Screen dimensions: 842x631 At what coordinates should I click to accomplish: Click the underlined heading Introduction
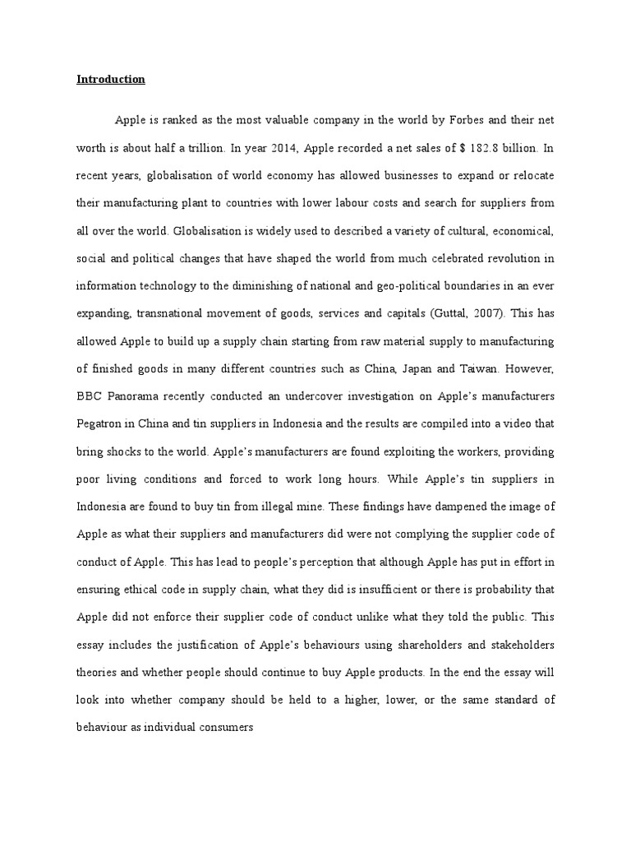pos(111,80)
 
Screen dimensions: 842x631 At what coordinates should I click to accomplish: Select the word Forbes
pos(469,120)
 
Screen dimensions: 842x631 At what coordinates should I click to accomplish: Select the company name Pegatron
pos(101,423)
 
